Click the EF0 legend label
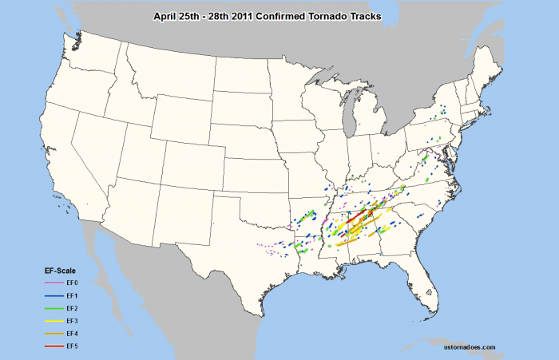pos(73,283)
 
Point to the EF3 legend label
pos(73,320)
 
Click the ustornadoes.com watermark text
pos(468,348)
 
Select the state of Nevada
pos(93,144)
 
